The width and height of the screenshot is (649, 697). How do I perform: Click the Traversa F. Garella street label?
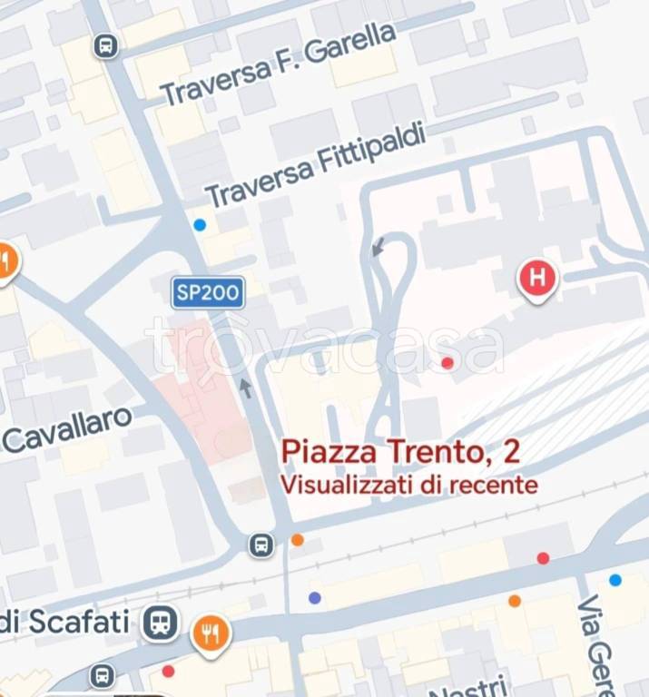click(279, 64)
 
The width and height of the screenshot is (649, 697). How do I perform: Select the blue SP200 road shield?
click(208, 292)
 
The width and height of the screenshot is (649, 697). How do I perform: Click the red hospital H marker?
click(537, 277)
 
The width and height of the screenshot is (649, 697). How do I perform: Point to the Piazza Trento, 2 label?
click(400, 450)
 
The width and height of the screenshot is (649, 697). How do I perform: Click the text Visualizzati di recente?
click(408, 485)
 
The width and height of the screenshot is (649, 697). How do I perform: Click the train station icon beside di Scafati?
click(160, 623)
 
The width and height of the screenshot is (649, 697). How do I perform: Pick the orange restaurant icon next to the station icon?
click(211, 633)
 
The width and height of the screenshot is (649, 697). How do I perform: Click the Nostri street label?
click(467, 687)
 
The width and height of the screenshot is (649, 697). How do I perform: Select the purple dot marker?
click(315, 597)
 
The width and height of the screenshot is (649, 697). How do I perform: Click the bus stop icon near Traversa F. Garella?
click(106, 45)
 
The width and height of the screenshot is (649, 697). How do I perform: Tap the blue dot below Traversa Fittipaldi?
click(200, 224)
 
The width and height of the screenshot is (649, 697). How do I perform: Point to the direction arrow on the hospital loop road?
click(379, 245)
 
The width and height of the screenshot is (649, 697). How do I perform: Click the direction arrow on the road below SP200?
click(246, 388)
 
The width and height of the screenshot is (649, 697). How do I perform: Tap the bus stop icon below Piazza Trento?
click(261, 545)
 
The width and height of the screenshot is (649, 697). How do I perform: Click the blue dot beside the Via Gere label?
click(615, 580)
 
